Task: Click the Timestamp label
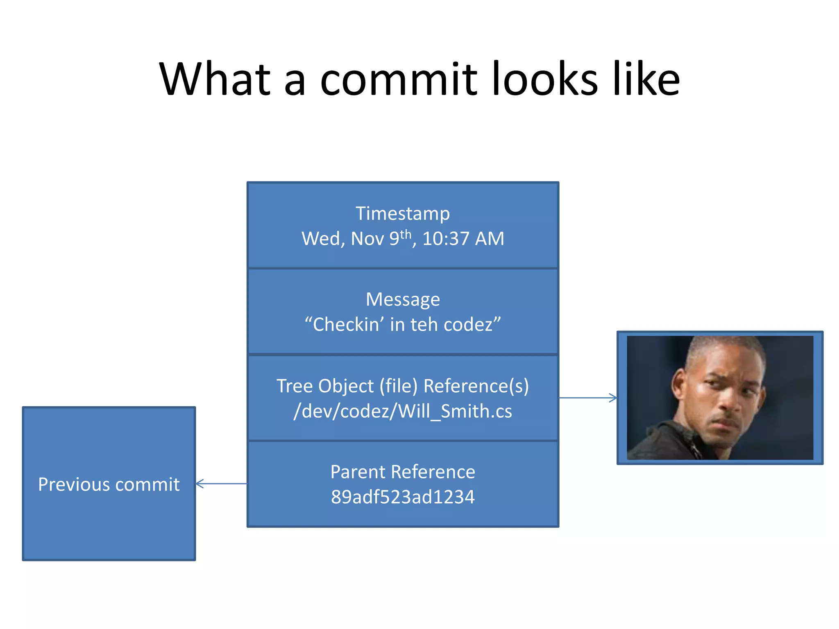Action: pyautogui.click(x=402, y=213)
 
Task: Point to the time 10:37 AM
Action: pyautogui.click(x=463, y=239)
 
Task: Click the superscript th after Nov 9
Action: pyautogui.click(x=406, y=234)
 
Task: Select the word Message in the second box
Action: pyautogui.click(x=403, y=299)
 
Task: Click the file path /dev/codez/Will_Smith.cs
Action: pyautogui.click(x=403, y=411)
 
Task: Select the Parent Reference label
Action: pyautogui.click(x=403, y=472)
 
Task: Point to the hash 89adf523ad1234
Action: pyautogui.click(x=403, y=497)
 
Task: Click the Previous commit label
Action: pyautogui.click(x=109, y=484)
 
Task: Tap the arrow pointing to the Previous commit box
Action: pyautogui.click(x=221, y=484)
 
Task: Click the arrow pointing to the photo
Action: pyautogui.click(x=588, y=398)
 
